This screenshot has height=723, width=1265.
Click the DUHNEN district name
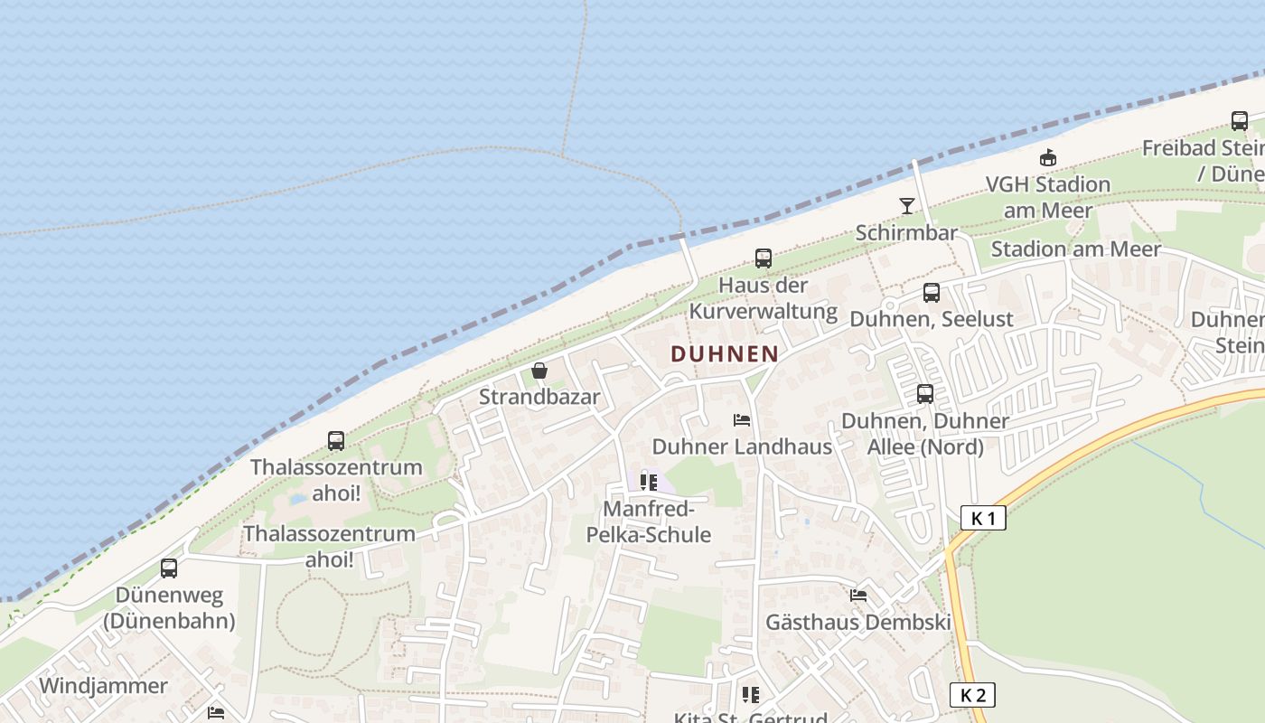click(x=725, y=353)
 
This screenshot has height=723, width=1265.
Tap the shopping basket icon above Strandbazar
click(x=539, y=371)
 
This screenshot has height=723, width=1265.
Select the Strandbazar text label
click(x=539, y=397)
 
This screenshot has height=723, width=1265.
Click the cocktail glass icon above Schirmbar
click(x=907, y=206)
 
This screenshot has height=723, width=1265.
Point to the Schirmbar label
click(x=906, y=233)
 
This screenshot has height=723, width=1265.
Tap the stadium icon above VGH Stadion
click(x=1048, y=158)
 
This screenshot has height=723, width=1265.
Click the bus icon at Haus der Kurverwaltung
click(x=764, y=258)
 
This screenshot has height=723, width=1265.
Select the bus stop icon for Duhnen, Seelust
click(x=932, y=293)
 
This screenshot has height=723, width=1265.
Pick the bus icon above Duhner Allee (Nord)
click(x=925, y=394)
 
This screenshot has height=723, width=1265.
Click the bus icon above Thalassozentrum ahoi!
click(x=336, y=441)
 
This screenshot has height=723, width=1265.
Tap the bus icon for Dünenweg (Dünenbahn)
click(x=169, y=568)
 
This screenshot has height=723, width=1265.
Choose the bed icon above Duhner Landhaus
click(x=742, y=420)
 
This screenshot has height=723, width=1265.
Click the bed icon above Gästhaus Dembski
click(x=858, y=596)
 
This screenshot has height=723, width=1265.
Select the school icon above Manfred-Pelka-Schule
click(x=649, y=482)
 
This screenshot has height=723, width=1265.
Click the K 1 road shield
click(x=983, y=518)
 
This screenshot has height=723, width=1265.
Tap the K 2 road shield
click(x=972, y=695)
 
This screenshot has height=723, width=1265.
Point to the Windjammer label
click(x=103, y=686)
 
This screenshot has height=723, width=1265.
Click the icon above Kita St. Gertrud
click(x=750, y=694)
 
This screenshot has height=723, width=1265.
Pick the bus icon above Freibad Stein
click(x=1240, y=121)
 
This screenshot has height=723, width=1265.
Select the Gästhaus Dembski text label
click(x=858, y=623)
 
